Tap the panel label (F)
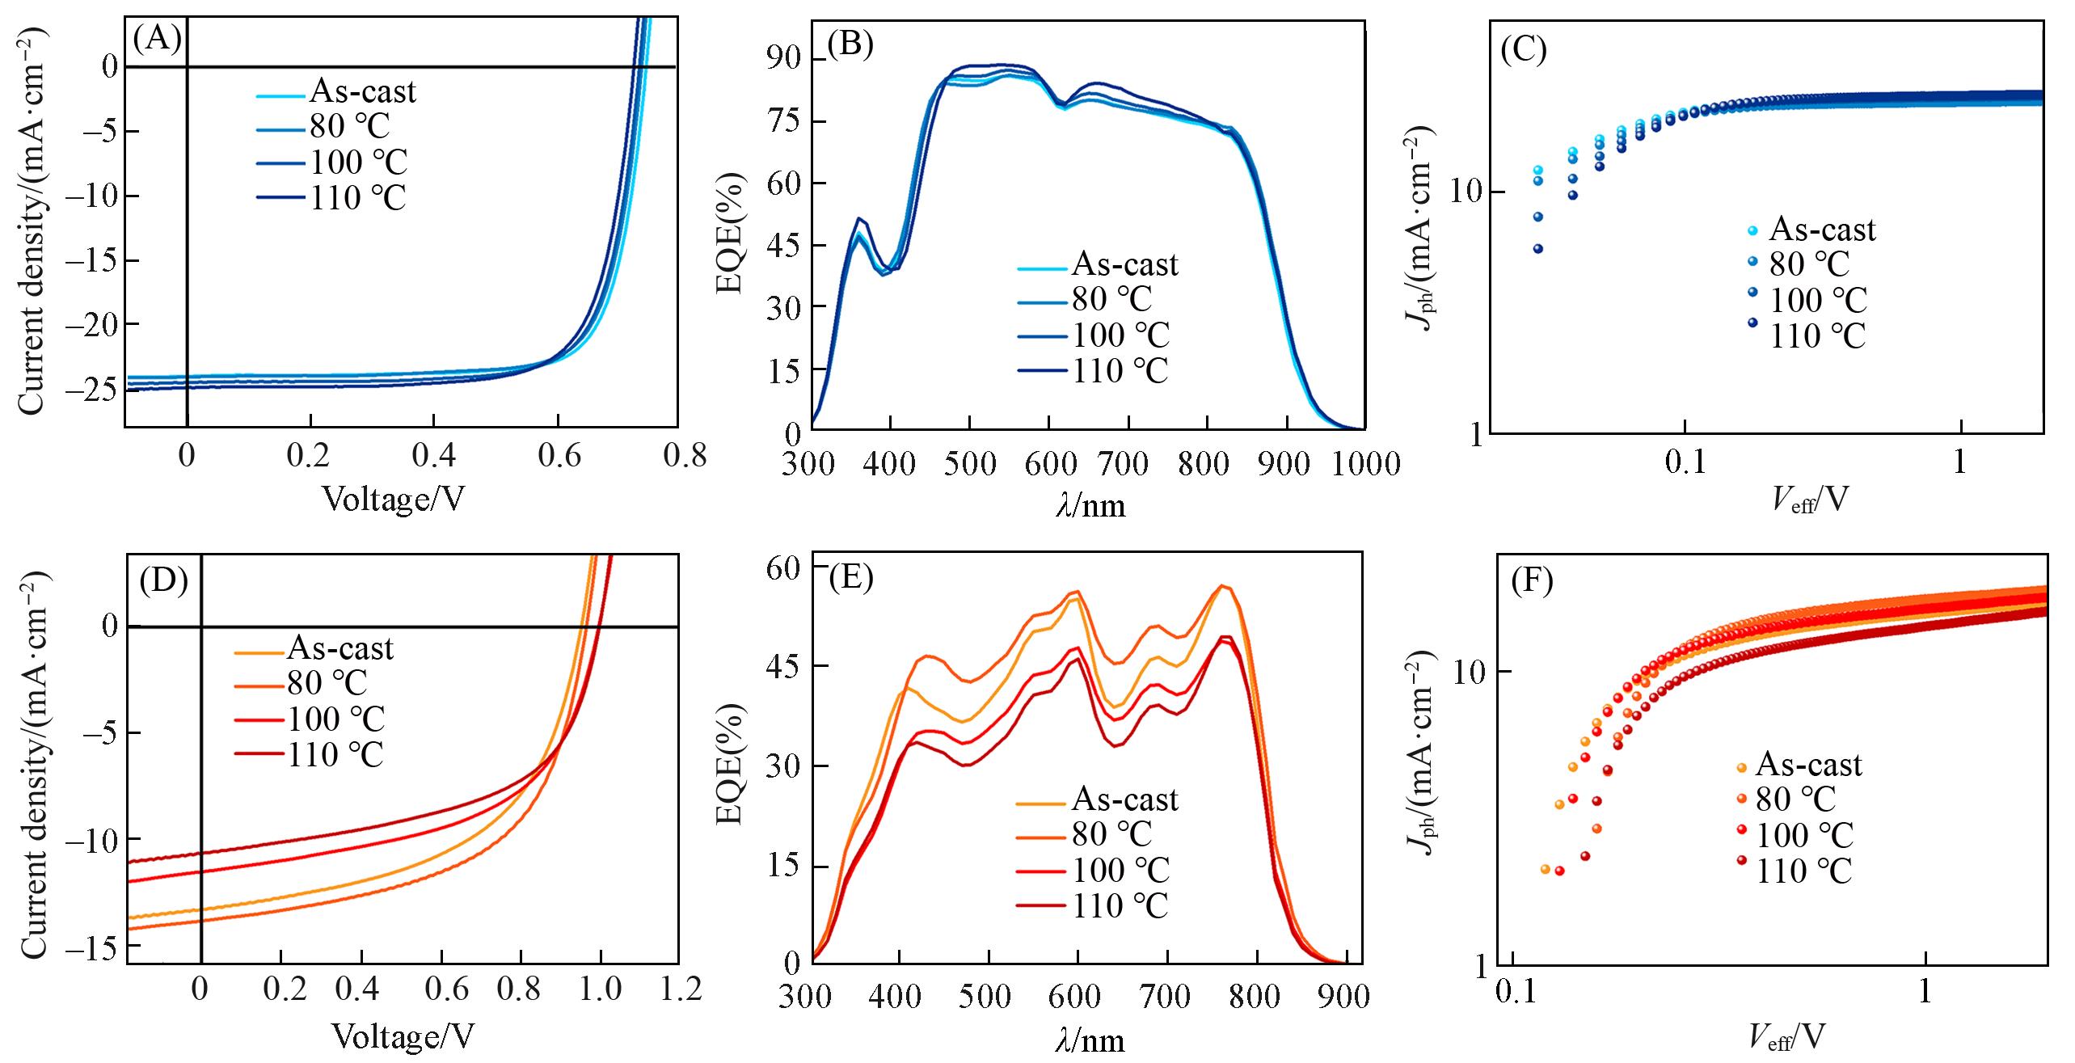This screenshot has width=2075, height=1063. (1533, 582)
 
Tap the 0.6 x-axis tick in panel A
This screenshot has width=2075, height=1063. (559, 458)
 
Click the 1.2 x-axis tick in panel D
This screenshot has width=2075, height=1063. (677, 990)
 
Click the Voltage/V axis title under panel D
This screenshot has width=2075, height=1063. (403, 1036)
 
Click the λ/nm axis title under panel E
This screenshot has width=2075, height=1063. (1089, 1040)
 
